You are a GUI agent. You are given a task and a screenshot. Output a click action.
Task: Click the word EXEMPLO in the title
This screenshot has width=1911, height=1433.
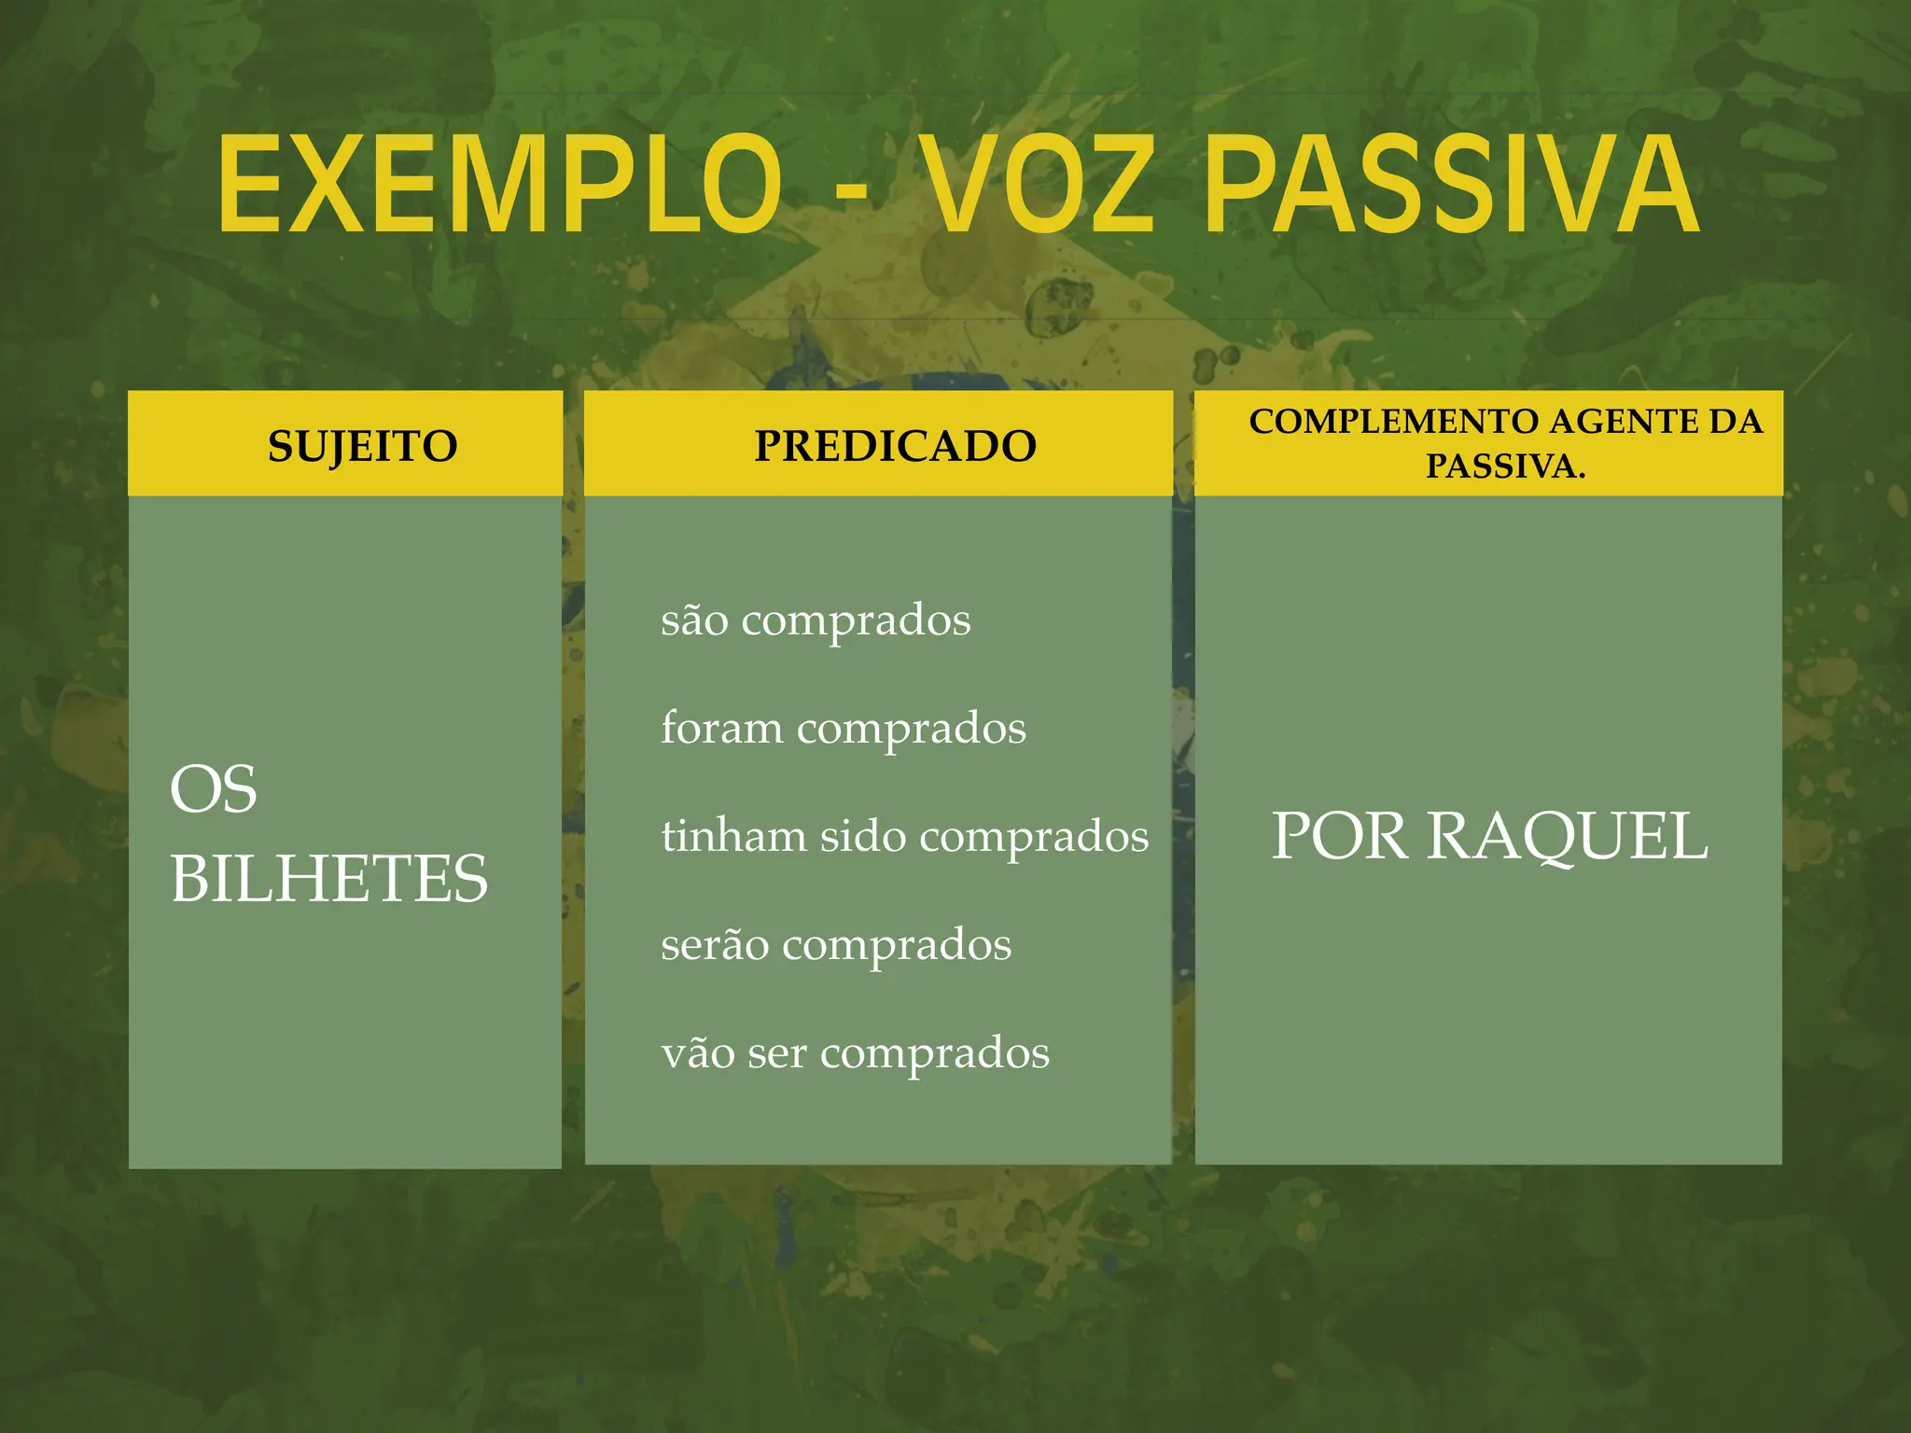coord(499,184)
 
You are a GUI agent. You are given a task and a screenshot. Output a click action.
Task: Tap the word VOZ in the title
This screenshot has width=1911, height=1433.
coord(1040,184)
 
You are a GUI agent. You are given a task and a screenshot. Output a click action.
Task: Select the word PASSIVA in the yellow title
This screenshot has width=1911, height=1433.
coord(1452,184)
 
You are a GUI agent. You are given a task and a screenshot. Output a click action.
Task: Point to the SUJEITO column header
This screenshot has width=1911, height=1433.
coord(363,446)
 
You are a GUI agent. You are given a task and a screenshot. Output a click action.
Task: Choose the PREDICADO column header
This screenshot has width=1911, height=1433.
coord(895,446)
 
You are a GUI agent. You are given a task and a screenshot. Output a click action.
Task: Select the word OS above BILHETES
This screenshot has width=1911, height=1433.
coord(213,789)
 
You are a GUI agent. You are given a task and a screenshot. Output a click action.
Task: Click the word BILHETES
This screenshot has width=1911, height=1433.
coord(328,879)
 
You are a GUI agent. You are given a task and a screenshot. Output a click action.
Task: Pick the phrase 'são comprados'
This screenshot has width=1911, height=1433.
coord(816,620)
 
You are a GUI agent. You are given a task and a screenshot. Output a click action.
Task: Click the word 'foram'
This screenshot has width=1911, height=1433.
coord(721,728)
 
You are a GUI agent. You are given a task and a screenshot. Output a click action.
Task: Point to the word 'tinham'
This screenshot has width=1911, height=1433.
coord(733,835)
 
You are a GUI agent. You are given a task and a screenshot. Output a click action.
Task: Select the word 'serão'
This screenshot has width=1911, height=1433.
coord(715,944)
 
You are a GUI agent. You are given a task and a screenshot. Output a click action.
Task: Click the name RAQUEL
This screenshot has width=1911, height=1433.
coord(1568,836)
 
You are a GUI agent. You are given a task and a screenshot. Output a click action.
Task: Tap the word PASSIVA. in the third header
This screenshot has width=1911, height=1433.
coord(1505,466)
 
